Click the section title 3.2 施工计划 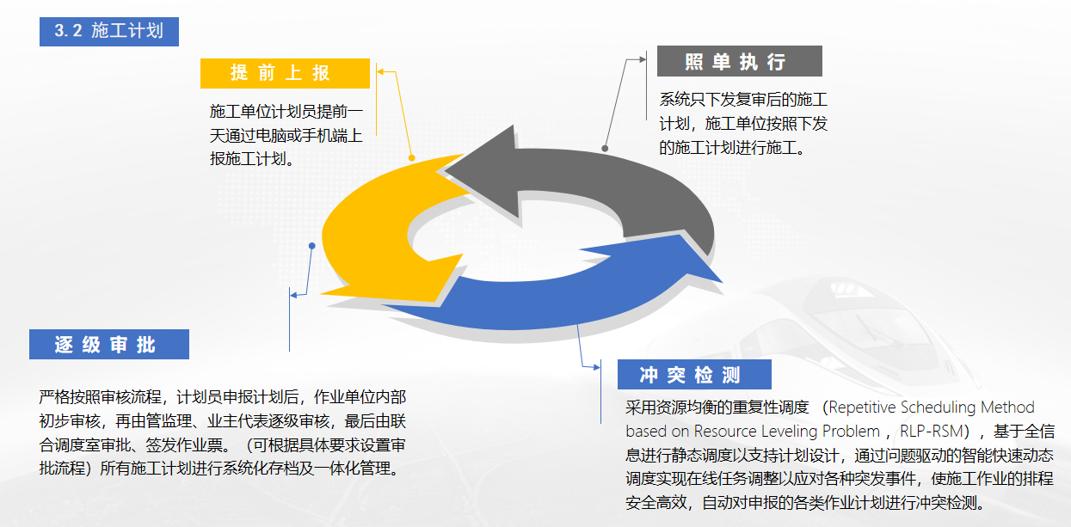point(109,32)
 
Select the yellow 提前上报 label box point(285,73)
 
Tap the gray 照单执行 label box point(740,61)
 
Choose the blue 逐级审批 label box point(109,344)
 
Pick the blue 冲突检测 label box point(694,374)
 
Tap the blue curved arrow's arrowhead point(669,254)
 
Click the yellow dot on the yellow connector point(412,157)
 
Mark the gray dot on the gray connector point(605,149)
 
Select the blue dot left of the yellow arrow point(312,246)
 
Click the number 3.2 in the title point(68,31)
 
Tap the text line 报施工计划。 point(252,159)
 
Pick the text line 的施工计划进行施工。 point(732,148)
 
